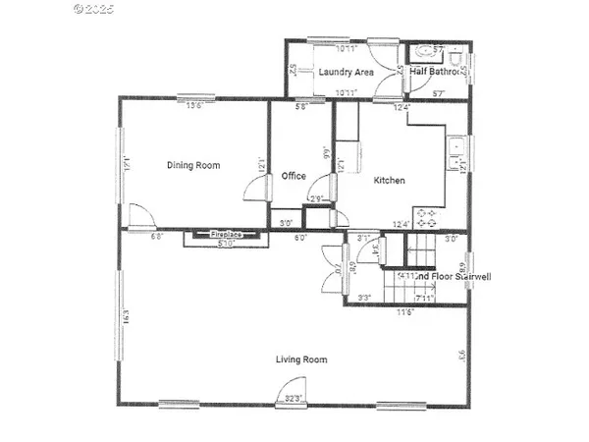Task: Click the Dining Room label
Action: click(192, 166)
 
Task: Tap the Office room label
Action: click(294, 177)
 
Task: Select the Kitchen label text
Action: click(389, 181)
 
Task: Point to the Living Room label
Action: click(300, 359)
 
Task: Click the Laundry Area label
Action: click(346, 73)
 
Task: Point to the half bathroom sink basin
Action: click(420, 51)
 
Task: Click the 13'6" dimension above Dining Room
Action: click(194, 105)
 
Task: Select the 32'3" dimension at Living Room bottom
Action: click(294, 399)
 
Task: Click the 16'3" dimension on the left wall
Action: click(126, 316)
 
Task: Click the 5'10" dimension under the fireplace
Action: click(225, 244)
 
